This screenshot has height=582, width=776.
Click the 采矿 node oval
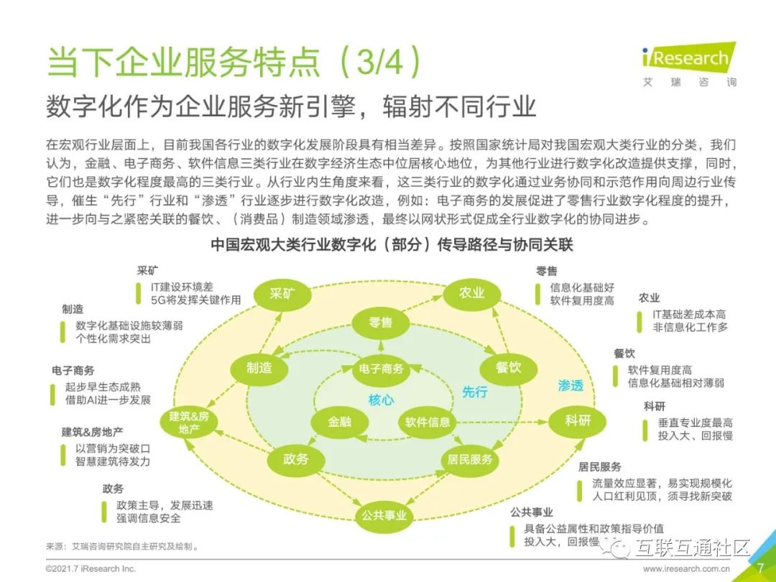tap(282, 295)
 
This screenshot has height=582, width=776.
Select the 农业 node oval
tap(472, 293)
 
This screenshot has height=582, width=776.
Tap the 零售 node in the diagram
tap(381, 323)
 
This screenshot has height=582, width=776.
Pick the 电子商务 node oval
tap(381, 369)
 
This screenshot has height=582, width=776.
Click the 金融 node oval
tap(340, 422)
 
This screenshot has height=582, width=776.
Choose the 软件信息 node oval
tap(428, 422)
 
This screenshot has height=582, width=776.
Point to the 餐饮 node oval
tap(508, 368)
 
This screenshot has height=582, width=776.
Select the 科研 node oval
tap(577, 420)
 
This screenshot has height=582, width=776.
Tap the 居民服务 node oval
tap(470, 459)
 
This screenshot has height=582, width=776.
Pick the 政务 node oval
tap(296, 459)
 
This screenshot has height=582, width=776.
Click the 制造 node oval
tap(259, 368)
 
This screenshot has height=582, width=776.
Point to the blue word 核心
tap(381, 400)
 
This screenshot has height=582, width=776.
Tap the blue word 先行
tap(474, 392)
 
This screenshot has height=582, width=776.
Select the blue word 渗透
tap(571, 385)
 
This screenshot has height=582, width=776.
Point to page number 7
tap(759, 568)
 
